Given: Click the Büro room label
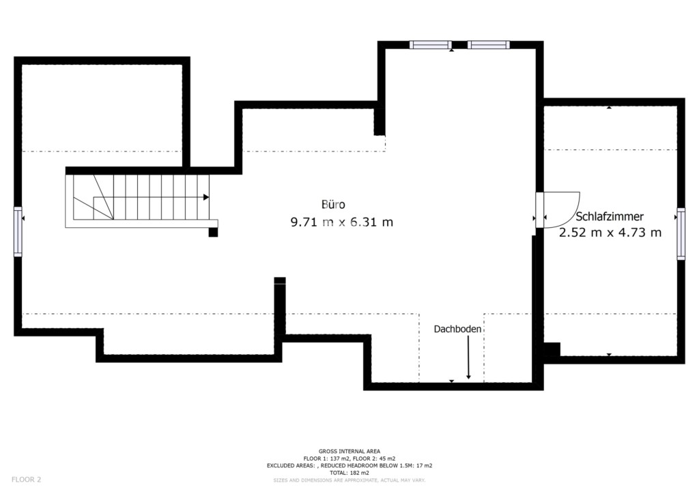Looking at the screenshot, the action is [333, 205].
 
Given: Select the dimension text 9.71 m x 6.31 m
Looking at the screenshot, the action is [342, 222].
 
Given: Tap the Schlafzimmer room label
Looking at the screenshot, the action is [610, 217].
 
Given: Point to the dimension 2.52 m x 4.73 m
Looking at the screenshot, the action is [610, 233].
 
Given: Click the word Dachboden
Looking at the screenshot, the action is [457, 329].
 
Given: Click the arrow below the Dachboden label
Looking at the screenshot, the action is [468, 358].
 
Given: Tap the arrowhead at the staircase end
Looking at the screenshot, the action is [206, 197].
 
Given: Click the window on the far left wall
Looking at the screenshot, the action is [18, 231].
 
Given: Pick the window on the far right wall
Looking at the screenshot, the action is [681, 233].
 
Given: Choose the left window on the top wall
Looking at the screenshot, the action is [431, 44].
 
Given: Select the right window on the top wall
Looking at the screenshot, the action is [489, 44].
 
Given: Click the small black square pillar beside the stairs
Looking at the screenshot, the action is [213, 232].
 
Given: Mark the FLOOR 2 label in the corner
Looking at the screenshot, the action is [27, 480].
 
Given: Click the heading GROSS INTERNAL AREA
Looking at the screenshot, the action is [349, 451].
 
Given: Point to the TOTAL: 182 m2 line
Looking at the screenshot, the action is [349, 473].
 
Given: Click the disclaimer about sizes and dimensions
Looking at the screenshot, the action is [349, 480].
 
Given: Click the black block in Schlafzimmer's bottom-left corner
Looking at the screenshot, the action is [552, 349].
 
